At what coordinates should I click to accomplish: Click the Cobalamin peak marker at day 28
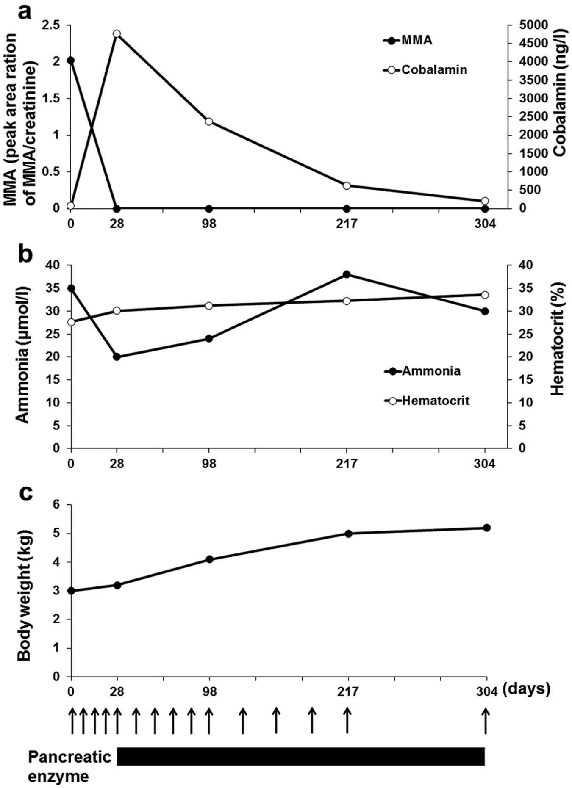[117, 34]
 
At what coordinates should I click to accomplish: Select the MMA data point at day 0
[71, 61]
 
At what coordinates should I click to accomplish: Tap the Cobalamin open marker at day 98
[209, 122]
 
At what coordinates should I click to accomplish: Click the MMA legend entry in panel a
[408, 41]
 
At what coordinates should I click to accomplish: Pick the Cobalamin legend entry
[425, 69]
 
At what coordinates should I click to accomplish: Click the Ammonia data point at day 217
[347, 274]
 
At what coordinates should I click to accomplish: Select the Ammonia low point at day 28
[117, 357]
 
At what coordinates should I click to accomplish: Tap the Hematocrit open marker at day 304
[485, 295]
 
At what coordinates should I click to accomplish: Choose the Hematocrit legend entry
[427, 401]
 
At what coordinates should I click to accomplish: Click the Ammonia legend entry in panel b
[422, 371]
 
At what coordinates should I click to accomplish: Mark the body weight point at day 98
[209, 559]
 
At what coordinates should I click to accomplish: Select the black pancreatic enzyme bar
[301, 756]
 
